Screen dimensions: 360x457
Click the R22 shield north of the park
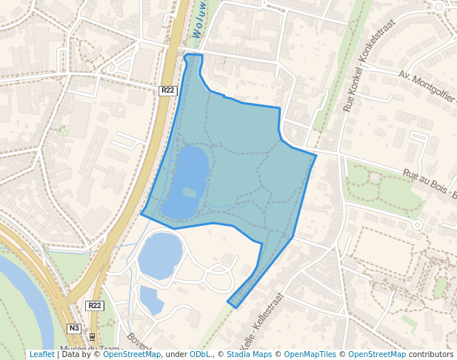[x=168, y=90]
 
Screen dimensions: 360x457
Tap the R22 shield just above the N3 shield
[x=95, y=305]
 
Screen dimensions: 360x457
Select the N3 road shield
[x=73, y=328]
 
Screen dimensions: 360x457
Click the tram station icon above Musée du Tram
[x=91, y=336]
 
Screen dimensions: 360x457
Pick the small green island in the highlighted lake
[x=190, y=193]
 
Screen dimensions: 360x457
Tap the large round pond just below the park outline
[x=159, y=256]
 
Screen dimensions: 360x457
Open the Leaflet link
[x=41, y=354]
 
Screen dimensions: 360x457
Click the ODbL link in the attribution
[x=199, y=354]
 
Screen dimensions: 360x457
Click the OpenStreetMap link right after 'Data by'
[x=132, y=354]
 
